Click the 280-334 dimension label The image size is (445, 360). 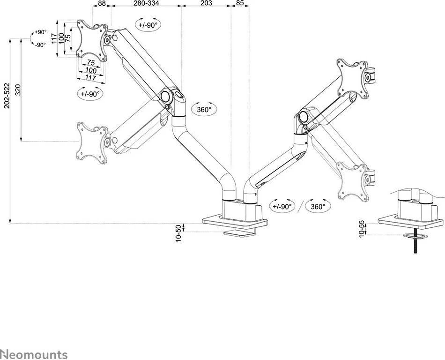point(146,4)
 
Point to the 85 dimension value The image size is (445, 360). point(239,4)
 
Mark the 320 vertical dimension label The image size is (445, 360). point(18,90)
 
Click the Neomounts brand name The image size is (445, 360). point(34,354)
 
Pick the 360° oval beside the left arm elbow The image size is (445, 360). point(204,109)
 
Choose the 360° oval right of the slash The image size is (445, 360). point(318,206)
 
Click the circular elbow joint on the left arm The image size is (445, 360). point(165,96)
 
